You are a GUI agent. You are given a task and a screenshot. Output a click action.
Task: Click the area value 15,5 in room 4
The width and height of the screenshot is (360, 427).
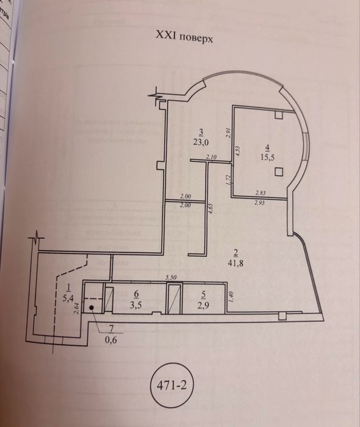[x=268, y=156]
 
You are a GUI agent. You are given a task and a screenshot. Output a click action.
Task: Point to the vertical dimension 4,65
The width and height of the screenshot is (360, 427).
[x=211, y=217]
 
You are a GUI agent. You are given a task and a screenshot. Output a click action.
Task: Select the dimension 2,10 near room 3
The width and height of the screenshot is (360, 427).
[x=212, y=158]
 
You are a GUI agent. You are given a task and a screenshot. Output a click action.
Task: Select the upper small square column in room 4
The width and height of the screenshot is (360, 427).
[x=278, y=115]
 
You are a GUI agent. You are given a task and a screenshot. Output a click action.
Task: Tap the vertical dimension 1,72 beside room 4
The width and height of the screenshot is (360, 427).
[x=227, y=180]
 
